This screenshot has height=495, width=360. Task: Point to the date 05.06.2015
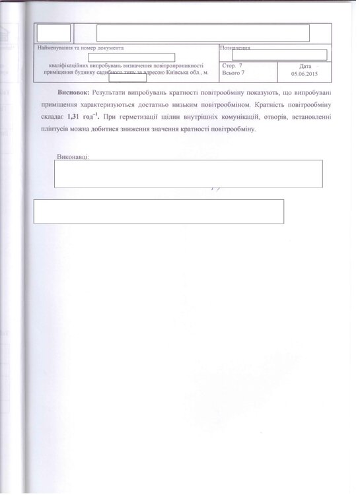(304, 74)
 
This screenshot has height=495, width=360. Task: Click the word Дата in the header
(305, 66)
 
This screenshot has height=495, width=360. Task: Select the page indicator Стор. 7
(233, 67)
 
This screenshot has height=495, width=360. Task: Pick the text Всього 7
(233, 74)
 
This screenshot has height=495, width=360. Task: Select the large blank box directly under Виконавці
(188, 174)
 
